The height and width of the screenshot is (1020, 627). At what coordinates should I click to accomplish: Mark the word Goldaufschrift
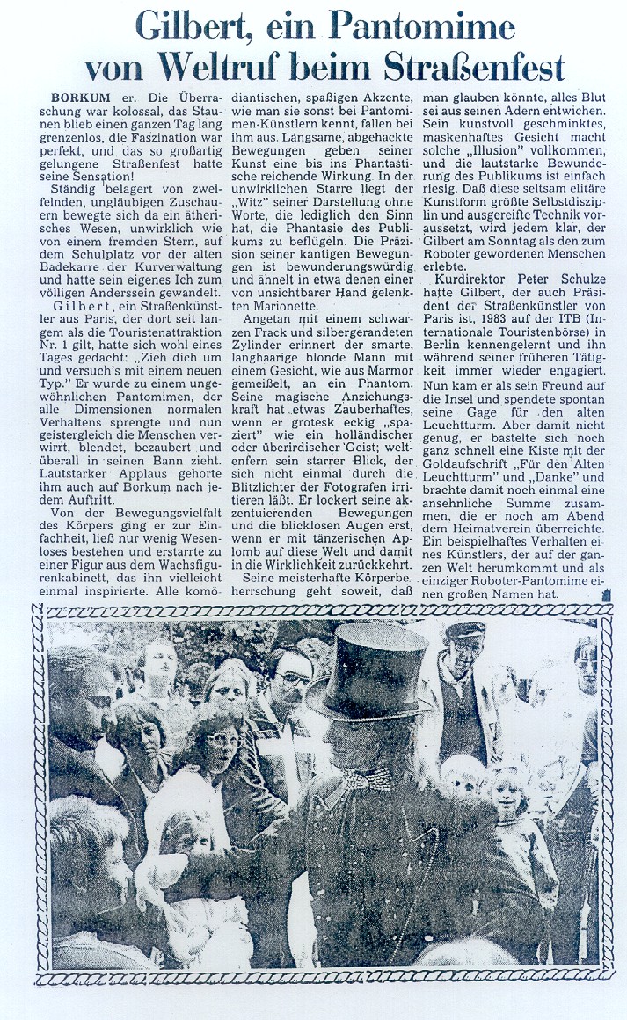pos(472,508)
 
